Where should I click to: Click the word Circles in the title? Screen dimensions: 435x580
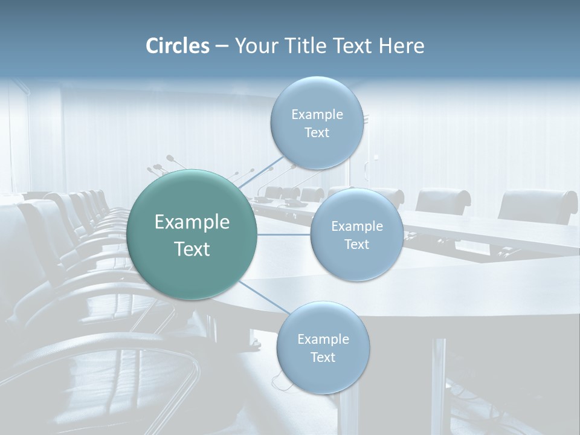click(x=178, y=46)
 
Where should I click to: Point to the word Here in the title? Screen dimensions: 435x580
click(x=401, y=46)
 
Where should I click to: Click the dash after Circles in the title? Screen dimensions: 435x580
click(x=221, y=47)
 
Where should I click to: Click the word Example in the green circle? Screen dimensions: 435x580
click(x=192, y=222)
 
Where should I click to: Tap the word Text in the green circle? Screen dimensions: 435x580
click(x=192, y=249)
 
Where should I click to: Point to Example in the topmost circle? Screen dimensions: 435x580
click(x=317, y=114)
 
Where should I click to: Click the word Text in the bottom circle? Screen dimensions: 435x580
click(x=323, y=357)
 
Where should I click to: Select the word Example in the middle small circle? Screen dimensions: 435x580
click(x=356, y=226)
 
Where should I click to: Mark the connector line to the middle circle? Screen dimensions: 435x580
click(x=284, y=234)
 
